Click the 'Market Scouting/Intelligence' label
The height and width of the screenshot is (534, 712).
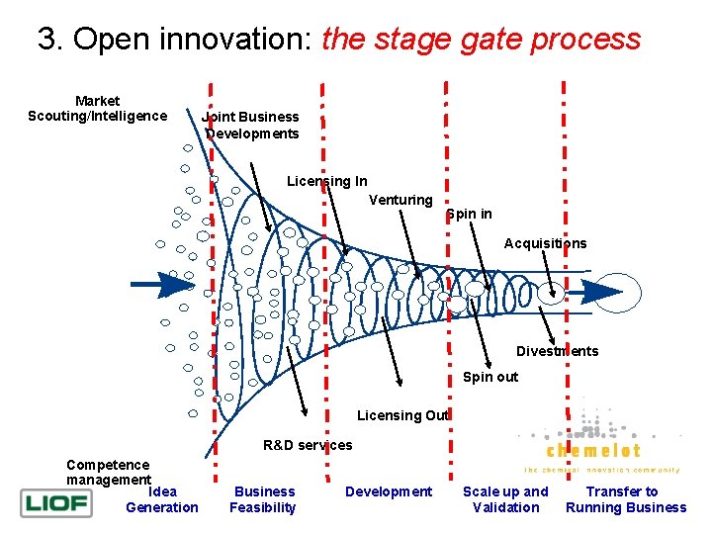(97, 109)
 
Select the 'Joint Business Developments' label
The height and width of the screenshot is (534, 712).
(251, 126)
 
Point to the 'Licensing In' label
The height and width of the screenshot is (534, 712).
(326, 181)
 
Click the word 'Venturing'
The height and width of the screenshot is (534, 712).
(400, 200)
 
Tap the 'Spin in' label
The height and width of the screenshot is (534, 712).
(469, 214)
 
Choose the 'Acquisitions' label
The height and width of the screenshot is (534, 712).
(545, 243)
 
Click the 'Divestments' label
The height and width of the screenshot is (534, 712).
(557, 351)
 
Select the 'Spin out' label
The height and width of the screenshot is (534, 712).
(489, 377)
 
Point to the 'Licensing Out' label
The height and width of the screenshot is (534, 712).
(402, 415)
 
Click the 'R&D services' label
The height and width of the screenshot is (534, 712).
(308, 445)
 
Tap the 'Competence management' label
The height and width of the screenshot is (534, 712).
(108, 472)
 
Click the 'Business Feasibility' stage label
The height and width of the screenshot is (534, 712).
(263, 499)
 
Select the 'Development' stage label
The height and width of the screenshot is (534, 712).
(389, 491)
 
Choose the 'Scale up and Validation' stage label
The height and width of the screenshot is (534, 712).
(505, 499)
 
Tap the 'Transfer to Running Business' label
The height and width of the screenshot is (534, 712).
(625, 499)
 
